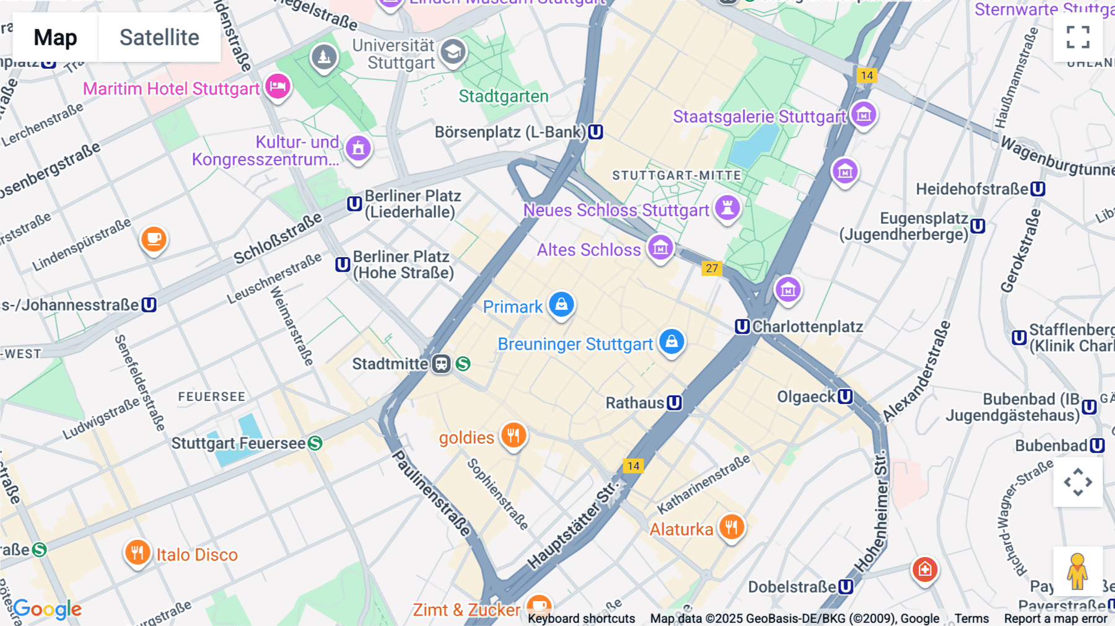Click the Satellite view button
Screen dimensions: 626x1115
[x=159, y=37]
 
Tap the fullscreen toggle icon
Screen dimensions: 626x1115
[x=1078, y=37]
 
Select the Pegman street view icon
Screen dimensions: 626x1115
[x=1077, y=571]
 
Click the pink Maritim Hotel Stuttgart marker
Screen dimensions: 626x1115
[x=278, y=86]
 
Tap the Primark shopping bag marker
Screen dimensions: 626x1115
[x=561, y=304]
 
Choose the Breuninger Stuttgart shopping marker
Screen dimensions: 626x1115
[x=671, y=342]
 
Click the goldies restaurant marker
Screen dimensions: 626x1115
[x=514, y=435]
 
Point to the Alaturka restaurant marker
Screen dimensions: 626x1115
[x=732, y=527]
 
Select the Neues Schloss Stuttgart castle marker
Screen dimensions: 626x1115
[x=728, y=208]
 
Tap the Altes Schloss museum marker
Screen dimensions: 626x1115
[x=660, y=247]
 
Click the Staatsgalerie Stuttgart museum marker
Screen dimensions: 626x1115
[x=864, y=114]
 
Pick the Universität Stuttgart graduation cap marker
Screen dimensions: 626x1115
[x=453, y=52]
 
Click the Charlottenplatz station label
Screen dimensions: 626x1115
[x=807, y=327]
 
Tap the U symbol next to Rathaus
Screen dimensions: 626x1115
[x=675, y=403]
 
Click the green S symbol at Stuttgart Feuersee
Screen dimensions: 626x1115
[x=315, y=443]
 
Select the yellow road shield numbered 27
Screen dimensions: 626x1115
[x=712, y=268]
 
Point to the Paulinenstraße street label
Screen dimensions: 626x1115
[x=432, y=493]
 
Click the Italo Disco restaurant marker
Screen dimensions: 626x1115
[x=138, y=552]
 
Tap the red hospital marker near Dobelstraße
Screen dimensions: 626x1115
[x=924, y=569]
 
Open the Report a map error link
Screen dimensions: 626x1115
[x=1056, y=619]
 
